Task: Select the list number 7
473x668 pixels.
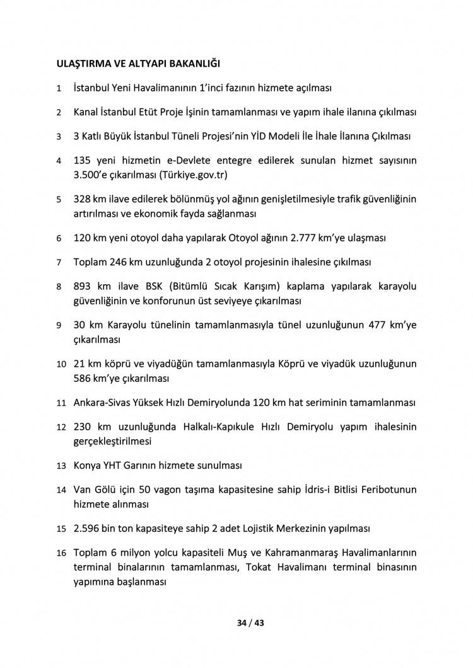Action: click(x=59, y=262)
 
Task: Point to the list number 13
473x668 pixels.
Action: click(x=61, y=466)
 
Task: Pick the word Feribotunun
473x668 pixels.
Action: click(x=386, y=490)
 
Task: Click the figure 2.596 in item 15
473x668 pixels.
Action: click(x=88, y=527)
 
